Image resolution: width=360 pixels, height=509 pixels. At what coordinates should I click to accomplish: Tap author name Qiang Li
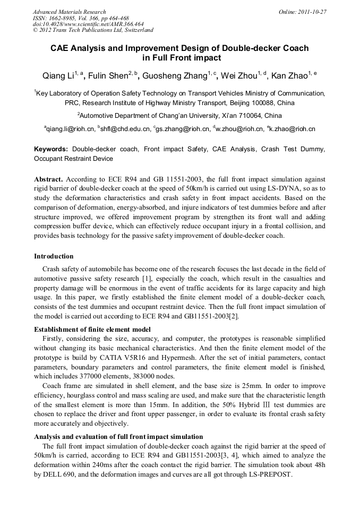57,76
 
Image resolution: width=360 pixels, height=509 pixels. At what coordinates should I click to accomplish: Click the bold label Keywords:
51,150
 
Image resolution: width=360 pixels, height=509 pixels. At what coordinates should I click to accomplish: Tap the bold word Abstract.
48,179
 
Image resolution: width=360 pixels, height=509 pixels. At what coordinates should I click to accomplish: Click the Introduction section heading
54,256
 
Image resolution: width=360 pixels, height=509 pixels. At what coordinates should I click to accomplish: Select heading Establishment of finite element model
92,330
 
